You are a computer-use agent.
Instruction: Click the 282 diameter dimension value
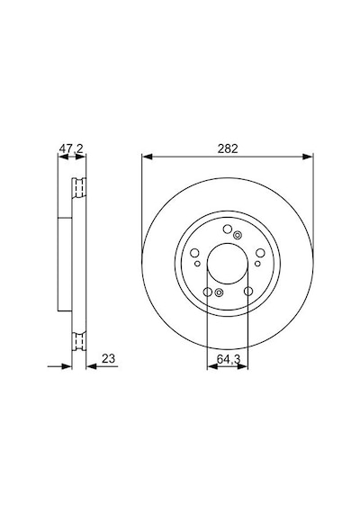(228, 148)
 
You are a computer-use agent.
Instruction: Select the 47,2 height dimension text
(71, 148)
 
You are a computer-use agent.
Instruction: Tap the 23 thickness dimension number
(108, 358)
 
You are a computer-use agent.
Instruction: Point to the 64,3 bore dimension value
(229, 359)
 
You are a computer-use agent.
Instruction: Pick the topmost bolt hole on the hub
(228, 229)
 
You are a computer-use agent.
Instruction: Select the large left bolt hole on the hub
(194, 253)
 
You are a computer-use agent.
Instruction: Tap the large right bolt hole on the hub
(260, 253)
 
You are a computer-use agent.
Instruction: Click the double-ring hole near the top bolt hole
(238, 235)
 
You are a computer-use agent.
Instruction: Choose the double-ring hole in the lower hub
(219, 292)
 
